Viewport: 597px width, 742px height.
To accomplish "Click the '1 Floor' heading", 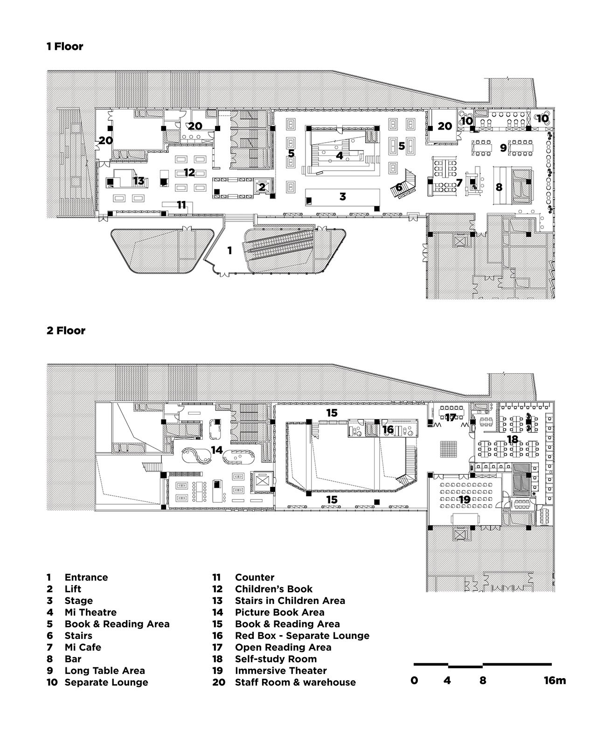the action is (x=65, y=46).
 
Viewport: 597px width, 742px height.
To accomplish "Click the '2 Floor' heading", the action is (x=66, y=331).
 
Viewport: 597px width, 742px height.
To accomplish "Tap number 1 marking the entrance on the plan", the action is (x=229, y=250).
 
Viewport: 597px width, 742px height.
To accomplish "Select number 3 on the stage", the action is (x=342, y=196).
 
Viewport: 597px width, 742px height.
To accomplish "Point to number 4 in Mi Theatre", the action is (x=340, y=155).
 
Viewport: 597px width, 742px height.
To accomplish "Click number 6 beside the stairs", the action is (x=399, y=187).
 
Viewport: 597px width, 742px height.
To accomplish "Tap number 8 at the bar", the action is (x=499, y=187).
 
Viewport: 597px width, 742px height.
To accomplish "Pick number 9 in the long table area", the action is (x=504, y=147).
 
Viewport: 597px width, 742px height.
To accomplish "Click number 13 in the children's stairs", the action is (x=139, y=180).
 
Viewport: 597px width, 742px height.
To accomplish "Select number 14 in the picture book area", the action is (x=217, y=450).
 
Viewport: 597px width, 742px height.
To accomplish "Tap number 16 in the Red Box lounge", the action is (x=388, y=429).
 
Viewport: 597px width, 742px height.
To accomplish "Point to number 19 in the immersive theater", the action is (x=465, y=499).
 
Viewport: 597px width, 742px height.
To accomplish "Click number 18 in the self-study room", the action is (x=513, y=439).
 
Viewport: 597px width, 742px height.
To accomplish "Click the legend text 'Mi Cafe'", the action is (x=83, y=647).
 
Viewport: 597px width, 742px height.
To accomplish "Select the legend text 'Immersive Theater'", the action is (x=281, y=671).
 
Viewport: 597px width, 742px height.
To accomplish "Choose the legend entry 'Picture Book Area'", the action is (x=280, y=612).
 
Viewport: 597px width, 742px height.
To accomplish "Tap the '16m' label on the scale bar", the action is (x=555, y=680).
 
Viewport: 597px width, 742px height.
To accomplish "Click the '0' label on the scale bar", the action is (x=414, y=680).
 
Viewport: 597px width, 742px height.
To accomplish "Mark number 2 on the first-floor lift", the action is (x=262, y=187).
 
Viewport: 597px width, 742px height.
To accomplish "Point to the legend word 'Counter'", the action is (x=255, y=577).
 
